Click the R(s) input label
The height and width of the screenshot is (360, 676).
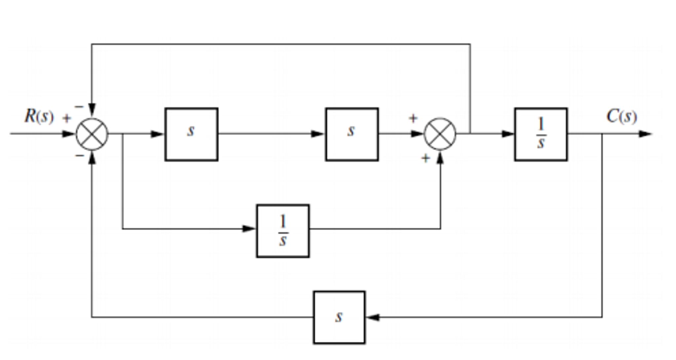pyautogui.click(x=39, y=116)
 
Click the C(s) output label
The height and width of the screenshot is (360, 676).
pyautogui.click(x=621, y=116)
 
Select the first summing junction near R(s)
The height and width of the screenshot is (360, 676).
pyautogui.click(x=92, y=134)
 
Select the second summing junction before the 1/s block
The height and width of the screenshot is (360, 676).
pyautogui.click(x=440, y=134)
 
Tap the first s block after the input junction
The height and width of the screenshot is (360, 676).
pyautogui.click(x=191, y=134)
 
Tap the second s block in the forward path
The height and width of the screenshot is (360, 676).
pyautogui.click(x=352, y=134)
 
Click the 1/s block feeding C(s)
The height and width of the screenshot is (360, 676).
pyautogui.click(x=541, y=134)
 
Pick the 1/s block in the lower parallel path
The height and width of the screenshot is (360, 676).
pyautogui.click(x=283, y=231)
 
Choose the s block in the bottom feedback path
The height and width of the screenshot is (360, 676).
pyautogui.click(x=339, y=317)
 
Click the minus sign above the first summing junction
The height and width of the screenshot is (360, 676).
pyautogui.click(x=79, y=107)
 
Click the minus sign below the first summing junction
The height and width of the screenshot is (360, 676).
pyautogui.click(x=80, y=155)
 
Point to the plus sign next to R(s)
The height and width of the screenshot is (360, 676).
pyautogui.click(x=67, y=118)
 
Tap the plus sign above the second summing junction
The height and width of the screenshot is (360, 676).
pyautogui.click(x=413, y=118)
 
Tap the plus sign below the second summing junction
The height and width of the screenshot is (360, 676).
pyautogui.click(x=426, y=158)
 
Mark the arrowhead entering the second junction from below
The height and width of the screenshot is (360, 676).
pyautogui.click(x=440, y=158)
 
